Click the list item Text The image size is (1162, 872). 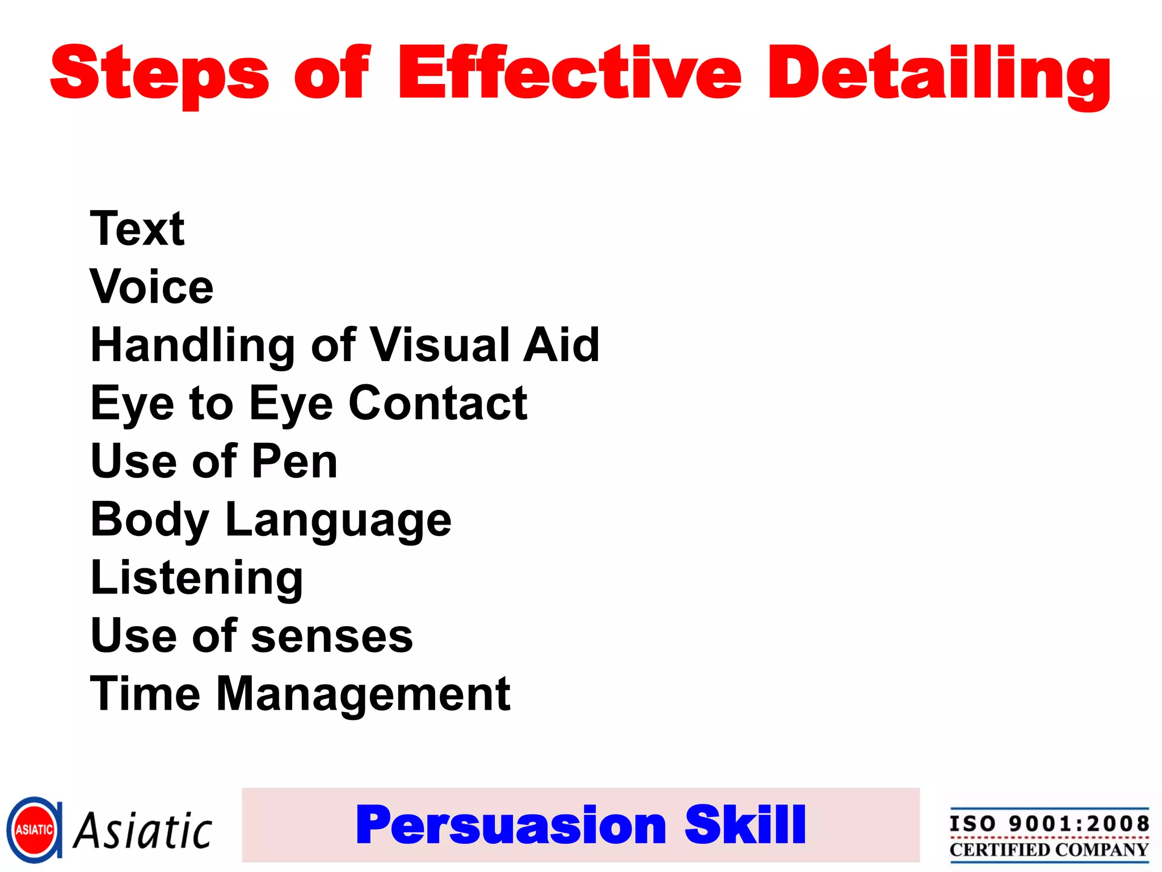pyautogui.click(x=137, y=228)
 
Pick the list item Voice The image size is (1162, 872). pyautogui.click(x=151, y=287)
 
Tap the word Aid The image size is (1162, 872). pyautogui.click(x=561, y=345)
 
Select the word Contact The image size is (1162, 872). pyautogui.click(x=438, y=403)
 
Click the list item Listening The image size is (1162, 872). pyautogui.click(x=197, y=578)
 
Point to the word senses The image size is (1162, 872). pyautogui.click(x=332, y=636)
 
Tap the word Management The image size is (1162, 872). pyautogui.click(x=363, y=694)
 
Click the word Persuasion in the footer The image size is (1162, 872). pyautogui.click(x=511, y=825)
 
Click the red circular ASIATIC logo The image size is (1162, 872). pyautogui.click(x=34, y=830)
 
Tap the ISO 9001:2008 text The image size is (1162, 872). pyautogui.click(x=1049, y=823)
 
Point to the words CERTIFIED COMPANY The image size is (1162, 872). pyautogui.click(x=1049, y=850)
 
